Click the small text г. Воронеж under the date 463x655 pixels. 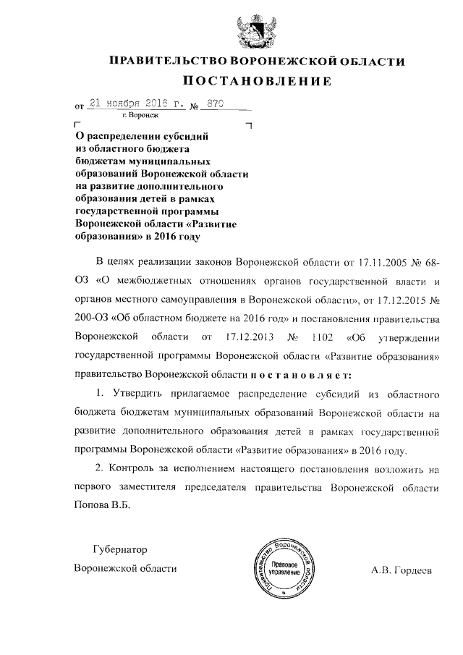(141, 115)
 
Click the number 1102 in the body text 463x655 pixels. (321, 337)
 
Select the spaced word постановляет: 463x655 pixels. (300, 374)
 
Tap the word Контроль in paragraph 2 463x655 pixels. (138, 469)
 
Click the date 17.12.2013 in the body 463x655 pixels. (251, 337)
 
